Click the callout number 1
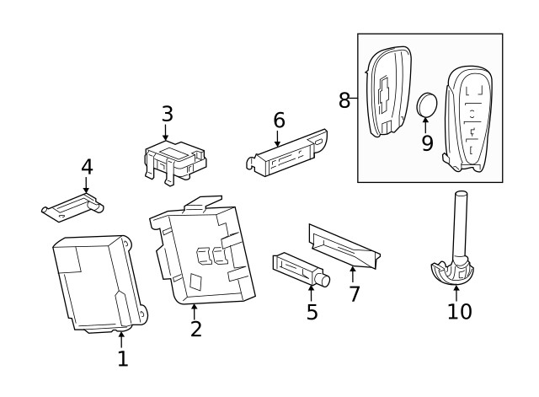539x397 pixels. [122, 358]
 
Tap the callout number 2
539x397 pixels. [195, 328]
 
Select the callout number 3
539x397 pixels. [167, 114]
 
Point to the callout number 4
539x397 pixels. [86, 167]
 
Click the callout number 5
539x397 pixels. [312, 313]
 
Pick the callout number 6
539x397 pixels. [279, 121]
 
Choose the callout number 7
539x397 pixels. [354, 294]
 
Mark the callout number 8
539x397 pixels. [344, 100]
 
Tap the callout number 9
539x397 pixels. [427, 143]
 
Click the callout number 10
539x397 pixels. [459, 311]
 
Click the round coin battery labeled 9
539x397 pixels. [428, 105]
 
